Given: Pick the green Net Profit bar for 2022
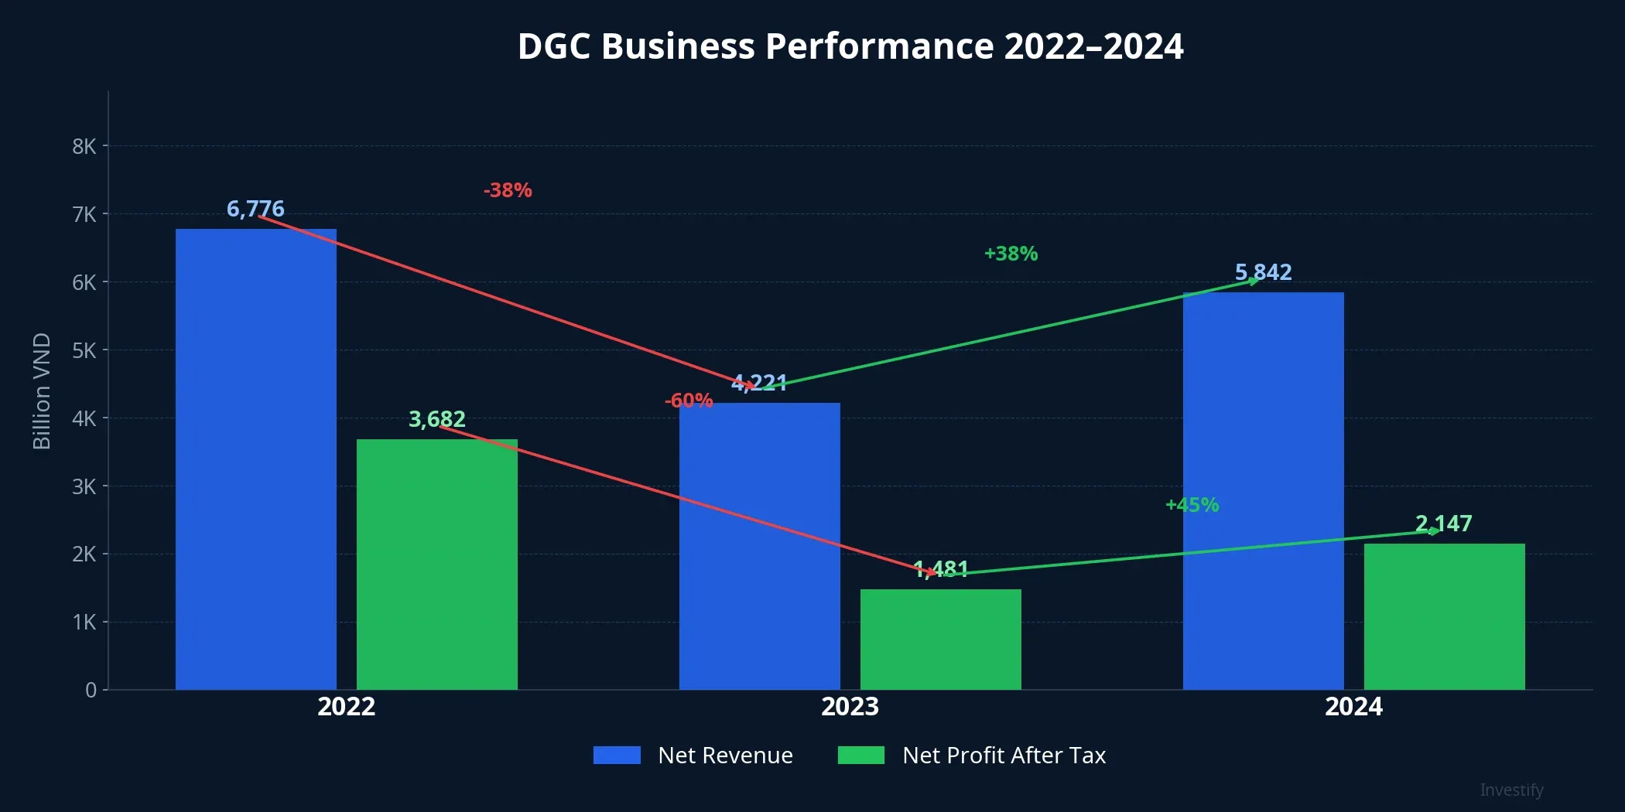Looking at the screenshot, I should pos(436,565).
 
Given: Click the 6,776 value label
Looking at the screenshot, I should pos(255,209).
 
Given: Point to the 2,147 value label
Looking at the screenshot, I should pos(1443,524).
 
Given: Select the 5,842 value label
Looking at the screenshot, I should pos(1263,272).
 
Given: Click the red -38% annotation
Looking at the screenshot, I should pos(508,190).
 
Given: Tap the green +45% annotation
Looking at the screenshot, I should pos(1192,505).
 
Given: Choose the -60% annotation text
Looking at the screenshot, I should pos(688,401).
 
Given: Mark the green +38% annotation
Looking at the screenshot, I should pos(1011,254).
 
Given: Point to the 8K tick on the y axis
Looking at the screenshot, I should pos(84,146).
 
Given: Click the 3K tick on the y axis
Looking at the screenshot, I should pos(84,486).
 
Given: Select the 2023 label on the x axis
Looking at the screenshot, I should pos(850,706).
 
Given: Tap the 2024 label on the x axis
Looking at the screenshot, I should pos(1353,706).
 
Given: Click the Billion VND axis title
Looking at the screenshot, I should pos(42,391).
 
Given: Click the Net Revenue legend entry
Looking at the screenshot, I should pos(693,755).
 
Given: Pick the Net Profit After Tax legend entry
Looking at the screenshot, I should pos(972,755).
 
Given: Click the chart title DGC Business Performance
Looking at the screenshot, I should pos(850,46).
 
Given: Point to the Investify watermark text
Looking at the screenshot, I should pos(1511,790).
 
